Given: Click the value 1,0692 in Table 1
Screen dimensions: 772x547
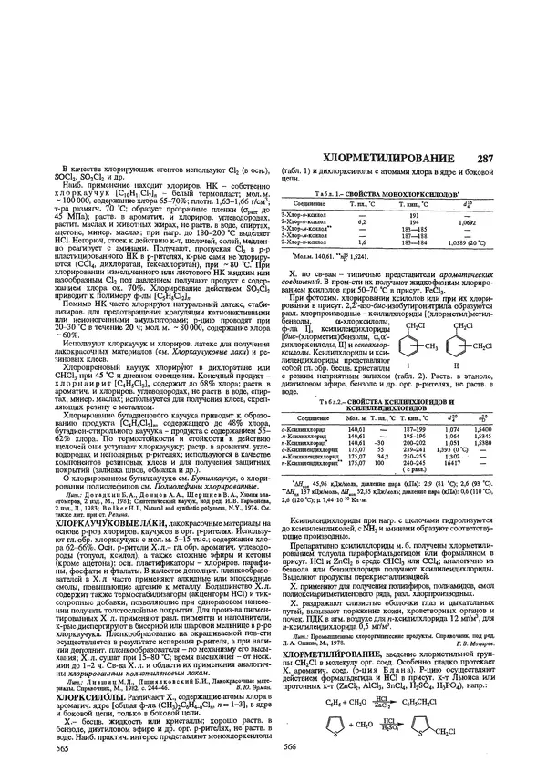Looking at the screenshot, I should tap(466, 222).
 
